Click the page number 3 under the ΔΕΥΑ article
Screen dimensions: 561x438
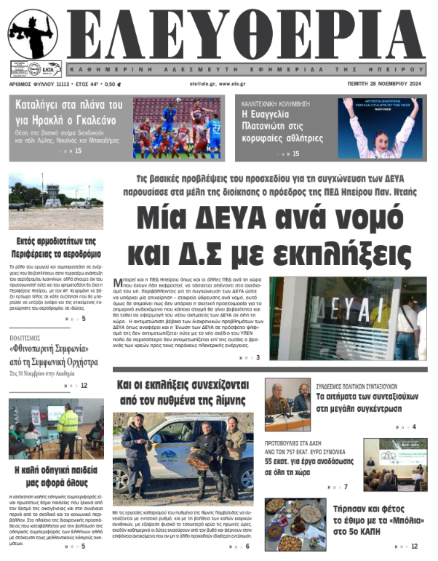(x=258, y=358)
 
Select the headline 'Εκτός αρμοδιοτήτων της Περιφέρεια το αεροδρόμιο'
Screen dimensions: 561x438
(x=56, y=247)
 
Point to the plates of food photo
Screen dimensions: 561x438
(x=295, y=524)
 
